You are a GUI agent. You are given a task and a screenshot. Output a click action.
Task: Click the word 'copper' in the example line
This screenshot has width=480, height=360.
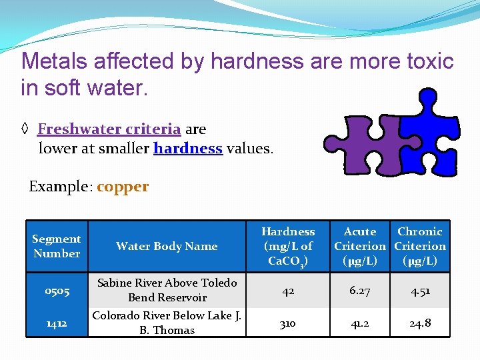(123, 187)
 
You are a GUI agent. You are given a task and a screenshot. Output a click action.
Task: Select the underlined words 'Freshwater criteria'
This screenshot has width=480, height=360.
(109, 129)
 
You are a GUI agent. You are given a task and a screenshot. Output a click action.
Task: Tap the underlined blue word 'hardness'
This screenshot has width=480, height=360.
(187, 149)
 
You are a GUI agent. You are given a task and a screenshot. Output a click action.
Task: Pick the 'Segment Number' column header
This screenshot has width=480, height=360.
(57, 246)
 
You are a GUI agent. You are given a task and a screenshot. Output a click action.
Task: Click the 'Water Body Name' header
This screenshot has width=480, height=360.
(167, 247)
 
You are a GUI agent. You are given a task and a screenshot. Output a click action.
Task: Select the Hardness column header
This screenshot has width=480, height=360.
(288, 246)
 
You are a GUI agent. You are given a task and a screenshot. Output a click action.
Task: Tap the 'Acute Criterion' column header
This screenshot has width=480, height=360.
(360, 246)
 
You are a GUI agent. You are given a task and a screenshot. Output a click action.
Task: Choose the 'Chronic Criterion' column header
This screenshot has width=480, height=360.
(420, 246)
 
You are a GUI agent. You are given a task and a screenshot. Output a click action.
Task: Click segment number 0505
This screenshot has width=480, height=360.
(57, 291)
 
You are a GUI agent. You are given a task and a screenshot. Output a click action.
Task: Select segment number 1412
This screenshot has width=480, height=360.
(57, 323)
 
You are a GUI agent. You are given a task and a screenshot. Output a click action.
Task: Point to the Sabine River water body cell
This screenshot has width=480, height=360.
(167, 290)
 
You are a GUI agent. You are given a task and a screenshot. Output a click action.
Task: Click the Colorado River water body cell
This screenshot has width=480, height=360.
(167, 323)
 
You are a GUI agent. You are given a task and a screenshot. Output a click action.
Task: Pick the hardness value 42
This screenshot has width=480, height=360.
(288, 291)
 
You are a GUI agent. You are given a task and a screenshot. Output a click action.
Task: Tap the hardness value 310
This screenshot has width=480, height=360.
(288, 323)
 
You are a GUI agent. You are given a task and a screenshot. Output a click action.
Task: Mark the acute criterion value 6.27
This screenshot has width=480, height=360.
(360, 291)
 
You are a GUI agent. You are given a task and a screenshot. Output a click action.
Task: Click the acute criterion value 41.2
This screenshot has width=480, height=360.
(360, 323)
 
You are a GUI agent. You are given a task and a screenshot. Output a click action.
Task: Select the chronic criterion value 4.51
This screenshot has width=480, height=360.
(420, 291)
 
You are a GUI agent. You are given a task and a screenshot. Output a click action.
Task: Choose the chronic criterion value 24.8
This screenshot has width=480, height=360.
(420, 323)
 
